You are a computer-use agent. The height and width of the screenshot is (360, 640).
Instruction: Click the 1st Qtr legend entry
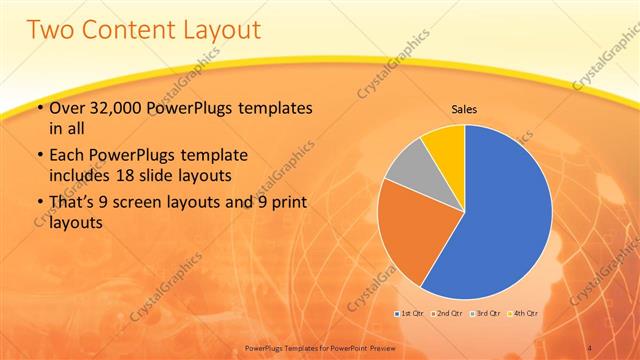[409, 314]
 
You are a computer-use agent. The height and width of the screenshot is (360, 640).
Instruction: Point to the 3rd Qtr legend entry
[485, 314]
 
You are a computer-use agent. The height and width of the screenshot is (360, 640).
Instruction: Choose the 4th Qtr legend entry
[523, 314]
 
